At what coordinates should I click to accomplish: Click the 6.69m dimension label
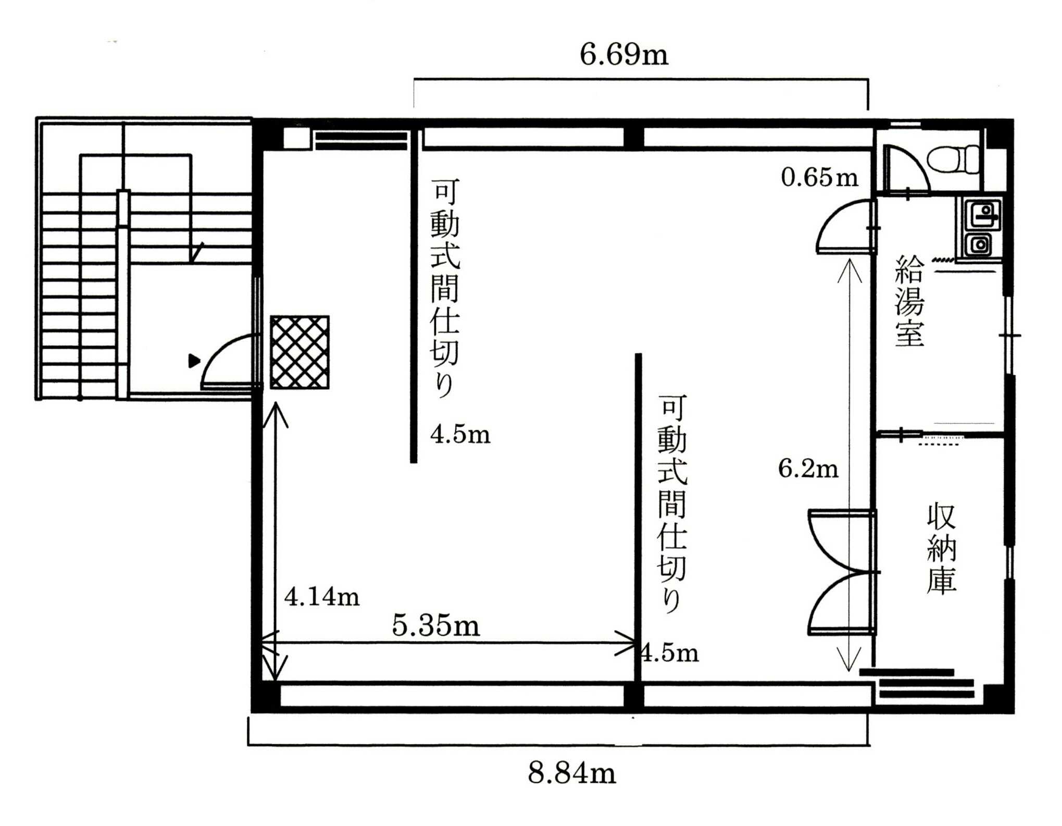point(623,54)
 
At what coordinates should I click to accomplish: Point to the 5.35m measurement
point(435,625)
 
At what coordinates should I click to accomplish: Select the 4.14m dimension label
point(322,596)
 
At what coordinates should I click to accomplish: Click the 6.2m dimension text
point(808,468)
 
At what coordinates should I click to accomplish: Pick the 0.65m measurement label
point(819,177)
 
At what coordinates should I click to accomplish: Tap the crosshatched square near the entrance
point(299,352)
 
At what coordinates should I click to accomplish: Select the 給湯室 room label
point(909,301)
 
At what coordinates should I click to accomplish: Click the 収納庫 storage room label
point(941,548)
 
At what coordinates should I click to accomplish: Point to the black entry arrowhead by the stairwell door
point(194,361)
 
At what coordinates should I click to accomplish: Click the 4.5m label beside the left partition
point(460,434)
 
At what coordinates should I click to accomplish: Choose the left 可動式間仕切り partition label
point(445,288)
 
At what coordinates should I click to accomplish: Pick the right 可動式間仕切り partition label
point(672,503)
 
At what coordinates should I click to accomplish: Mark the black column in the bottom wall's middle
point(634,696)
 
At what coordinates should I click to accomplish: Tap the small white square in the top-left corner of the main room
point(296,139)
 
